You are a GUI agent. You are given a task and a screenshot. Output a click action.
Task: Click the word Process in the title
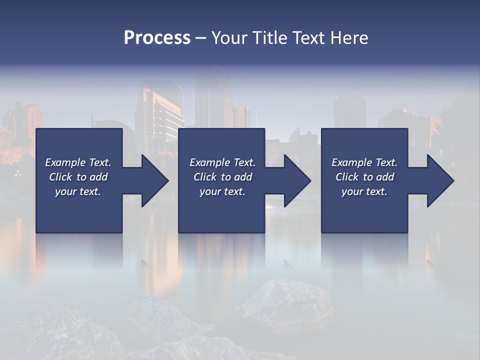coord(157,38)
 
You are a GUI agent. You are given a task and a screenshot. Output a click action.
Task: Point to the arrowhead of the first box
coord(153,180)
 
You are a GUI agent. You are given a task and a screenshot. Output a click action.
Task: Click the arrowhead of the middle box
coord(296,180)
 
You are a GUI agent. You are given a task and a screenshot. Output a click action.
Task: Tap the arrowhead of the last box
coord(439,180)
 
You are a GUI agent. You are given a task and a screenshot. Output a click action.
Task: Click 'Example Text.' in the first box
coord(78,162)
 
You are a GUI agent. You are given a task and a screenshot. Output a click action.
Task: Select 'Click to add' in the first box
coord(78,177)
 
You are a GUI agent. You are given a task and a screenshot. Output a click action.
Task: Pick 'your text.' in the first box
coord(78,191)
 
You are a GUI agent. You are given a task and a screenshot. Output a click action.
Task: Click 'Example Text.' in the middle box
coord(222,162)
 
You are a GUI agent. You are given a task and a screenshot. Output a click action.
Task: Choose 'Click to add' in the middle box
coord(222,177)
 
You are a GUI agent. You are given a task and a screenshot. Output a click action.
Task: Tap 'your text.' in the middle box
coord(222,191)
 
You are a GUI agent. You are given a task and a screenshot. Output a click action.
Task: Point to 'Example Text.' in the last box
coord(364,162)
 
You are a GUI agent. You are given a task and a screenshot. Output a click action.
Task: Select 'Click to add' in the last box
coord(364,177)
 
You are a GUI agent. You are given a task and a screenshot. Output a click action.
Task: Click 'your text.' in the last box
coord(364,191)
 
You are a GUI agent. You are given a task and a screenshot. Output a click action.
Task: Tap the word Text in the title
coord(308,38)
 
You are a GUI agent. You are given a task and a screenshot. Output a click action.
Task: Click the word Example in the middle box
coord(209,162)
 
